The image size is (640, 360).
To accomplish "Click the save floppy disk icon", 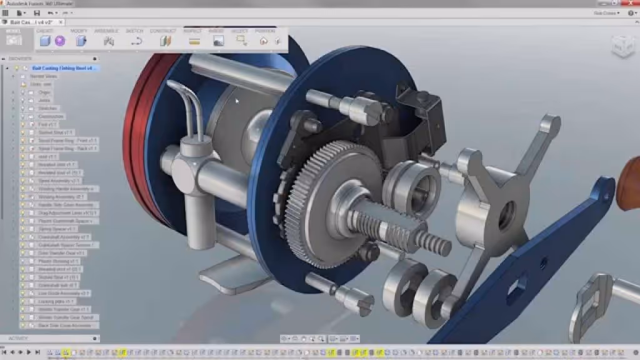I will click(x=37, y=12).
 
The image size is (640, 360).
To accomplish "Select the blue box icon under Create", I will click(x=45, y=41).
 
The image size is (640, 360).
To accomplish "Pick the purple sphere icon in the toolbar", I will click(x=60, y=41).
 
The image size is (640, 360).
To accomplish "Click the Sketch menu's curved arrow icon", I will click(x=136, y=41).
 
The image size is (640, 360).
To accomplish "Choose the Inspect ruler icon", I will click(x=194, y=41).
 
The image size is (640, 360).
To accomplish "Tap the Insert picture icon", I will click(x=218, y=41).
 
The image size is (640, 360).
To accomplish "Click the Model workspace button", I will click(x=14, y=39).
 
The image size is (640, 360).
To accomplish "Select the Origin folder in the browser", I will click(x=44, y=92).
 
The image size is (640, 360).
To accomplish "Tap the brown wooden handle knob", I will click(x=628, y=184).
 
